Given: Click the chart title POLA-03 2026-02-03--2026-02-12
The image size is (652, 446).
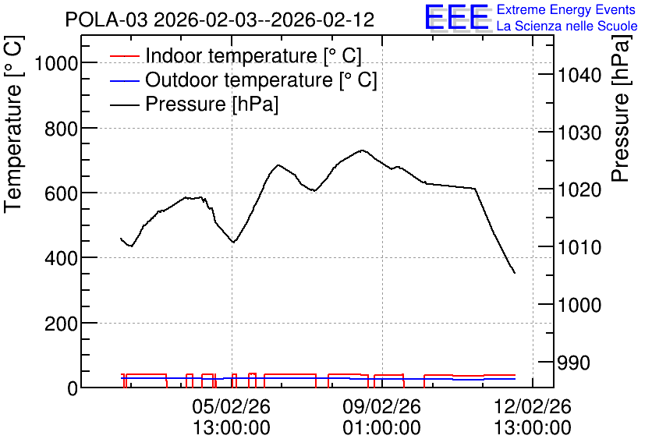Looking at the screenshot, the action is point(220,19).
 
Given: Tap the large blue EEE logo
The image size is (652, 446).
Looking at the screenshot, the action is point(456,17).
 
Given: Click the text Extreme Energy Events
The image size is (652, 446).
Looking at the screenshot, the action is point(566,9).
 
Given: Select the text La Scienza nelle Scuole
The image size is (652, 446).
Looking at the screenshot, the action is point(567,27).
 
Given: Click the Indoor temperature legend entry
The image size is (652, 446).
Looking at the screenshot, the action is point(236,55).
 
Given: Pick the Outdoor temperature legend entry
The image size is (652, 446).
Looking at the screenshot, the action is point(243,80).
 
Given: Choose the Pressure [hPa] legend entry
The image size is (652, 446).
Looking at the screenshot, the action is point(193,104).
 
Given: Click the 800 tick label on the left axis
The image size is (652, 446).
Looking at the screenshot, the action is point(61,129).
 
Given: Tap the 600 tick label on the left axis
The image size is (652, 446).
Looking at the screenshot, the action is point(61,193).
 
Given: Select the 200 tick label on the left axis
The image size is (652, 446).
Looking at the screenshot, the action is point(61,324).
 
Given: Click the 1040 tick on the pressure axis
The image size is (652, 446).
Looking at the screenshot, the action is point(579,75).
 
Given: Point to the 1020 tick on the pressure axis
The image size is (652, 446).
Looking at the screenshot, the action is point(579,190).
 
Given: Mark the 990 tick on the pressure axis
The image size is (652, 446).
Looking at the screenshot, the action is point(573,363).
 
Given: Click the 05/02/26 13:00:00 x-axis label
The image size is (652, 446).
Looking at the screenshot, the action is point(231,416).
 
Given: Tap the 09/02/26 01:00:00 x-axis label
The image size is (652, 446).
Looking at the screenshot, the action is point(381,416).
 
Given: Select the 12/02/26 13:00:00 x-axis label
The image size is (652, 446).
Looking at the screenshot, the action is point(532,416).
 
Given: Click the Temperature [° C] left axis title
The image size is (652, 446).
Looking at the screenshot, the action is point(13,125).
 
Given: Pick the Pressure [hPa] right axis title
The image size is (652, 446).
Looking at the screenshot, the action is point(620,108).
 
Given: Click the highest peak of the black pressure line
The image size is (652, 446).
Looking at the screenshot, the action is point(362,150).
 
